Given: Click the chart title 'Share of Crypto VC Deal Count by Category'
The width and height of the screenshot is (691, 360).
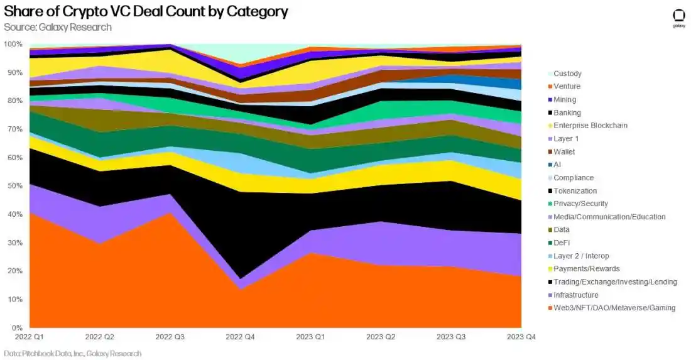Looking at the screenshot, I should (x=146, y=11).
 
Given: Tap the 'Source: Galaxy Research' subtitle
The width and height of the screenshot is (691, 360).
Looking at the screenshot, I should (x=57, y=27).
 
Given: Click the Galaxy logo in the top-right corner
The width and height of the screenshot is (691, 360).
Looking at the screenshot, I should (x=678, y=18).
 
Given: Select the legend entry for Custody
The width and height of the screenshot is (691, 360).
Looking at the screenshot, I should (x=567, y=74).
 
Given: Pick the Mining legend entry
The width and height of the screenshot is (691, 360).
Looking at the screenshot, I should (x=565, y=99).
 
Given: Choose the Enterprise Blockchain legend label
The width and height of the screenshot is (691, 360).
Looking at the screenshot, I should (x=590, y=126).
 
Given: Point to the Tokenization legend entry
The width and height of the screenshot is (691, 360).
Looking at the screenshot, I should (x=575, y=191).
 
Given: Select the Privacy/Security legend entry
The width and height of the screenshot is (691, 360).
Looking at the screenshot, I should (x=581, y=204).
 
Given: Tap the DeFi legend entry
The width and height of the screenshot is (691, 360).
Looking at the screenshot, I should (x=562, y=243).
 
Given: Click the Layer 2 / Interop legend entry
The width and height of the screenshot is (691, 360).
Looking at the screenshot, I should (x=581, y=256).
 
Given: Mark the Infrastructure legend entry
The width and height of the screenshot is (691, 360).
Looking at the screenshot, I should (x=576, y=295).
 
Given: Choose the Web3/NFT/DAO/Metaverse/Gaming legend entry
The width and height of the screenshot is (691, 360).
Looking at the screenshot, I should (x=614, y=308).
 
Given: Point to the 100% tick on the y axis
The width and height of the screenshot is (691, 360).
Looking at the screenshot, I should (x=13, y=44).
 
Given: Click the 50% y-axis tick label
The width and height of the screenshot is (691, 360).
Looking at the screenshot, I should (x=14, y=186).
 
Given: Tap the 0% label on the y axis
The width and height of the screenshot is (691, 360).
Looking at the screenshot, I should (x=17, y=328).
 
